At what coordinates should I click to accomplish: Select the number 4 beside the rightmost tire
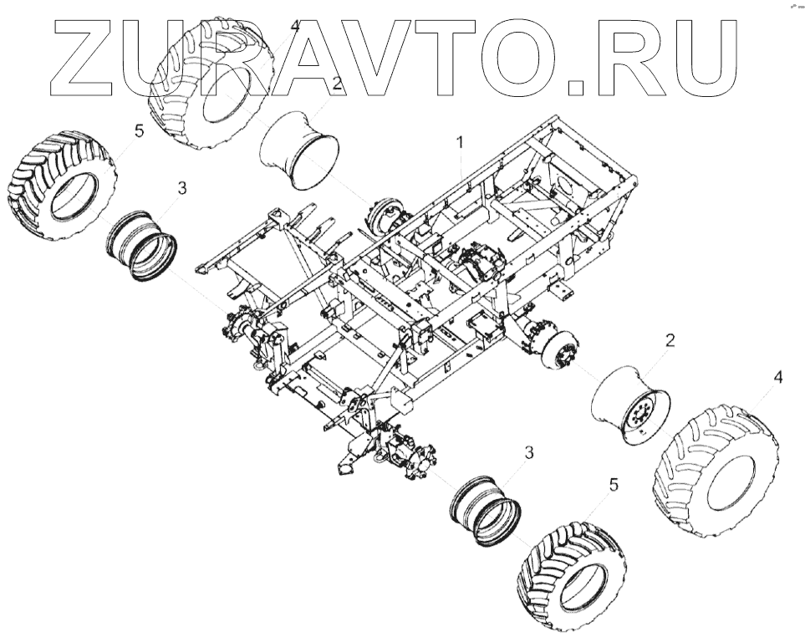tap(777, 379)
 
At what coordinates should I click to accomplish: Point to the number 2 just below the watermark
tap(336, 84)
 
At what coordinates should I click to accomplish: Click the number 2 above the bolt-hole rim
tap(670, 340)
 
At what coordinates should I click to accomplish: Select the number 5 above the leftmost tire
tap(139, 130)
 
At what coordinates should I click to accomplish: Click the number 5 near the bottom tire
tap(614, 484)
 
